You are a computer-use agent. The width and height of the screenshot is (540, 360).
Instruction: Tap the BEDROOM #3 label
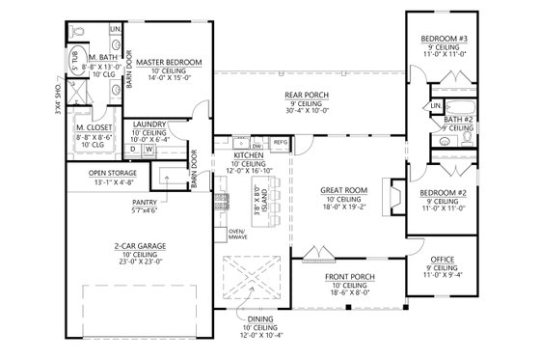click(444, 38)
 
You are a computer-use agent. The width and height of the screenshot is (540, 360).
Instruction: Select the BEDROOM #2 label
click(444, 192)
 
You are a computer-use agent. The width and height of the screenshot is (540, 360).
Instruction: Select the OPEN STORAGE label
click(99, 172)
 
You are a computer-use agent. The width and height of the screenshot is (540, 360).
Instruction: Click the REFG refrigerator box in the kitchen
click(281, 143)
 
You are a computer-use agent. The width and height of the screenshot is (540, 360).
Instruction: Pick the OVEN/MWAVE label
click(236, 235)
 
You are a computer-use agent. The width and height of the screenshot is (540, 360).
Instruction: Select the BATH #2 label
click(458, 118)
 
